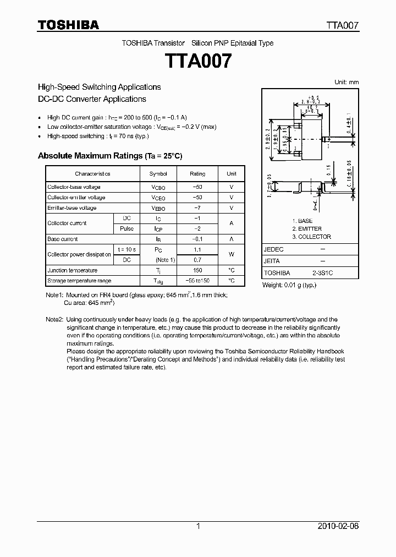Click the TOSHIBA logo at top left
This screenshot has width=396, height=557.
tap(68, 25)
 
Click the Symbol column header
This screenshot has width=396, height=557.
tap(158, 174)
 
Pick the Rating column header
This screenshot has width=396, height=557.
tap(197, 174)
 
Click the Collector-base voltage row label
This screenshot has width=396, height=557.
tap(74, 187)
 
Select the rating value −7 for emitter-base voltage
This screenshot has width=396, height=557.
tap(197, 208)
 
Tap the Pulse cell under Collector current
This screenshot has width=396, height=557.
tap(127, 228)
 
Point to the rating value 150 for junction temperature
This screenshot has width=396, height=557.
tap(197, 270)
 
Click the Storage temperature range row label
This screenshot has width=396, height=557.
tap(79, 281)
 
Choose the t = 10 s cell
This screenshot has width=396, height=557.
tap(127, 249)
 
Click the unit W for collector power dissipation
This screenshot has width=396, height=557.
tap(231, 254)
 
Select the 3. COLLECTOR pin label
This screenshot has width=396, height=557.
tap(311, 237)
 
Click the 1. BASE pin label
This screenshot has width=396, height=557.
tap(302, 221)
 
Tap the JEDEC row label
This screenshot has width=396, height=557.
tap(274, 249)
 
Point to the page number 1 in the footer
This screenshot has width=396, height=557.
tap(198, 526)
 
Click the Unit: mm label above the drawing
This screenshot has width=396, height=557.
tap(346, 82)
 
